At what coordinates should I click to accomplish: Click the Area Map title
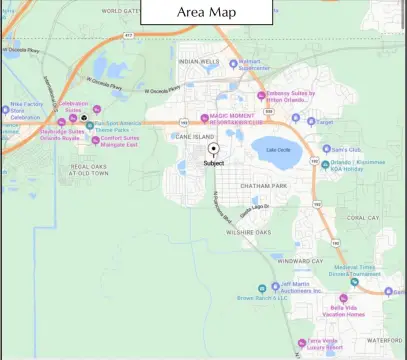point(208,11)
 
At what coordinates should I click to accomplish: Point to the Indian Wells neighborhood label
point(197,62)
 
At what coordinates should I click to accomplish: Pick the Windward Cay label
point(301,261)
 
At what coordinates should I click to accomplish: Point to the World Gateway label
point(119,11)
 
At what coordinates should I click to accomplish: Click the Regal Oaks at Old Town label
point(88,170)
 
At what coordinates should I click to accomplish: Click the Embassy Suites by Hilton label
point(291,97)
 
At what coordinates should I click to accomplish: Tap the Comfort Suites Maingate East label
point(118,141)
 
